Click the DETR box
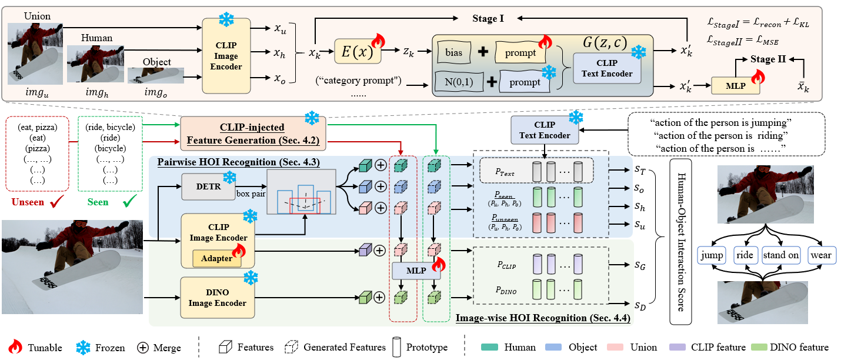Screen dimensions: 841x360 pos(208,186)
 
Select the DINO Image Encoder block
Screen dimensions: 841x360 pos(218,298)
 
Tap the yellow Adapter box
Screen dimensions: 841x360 pos(216,258)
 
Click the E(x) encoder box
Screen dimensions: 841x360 pos(358,51)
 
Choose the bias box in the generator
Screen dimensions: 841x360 pos(454,52)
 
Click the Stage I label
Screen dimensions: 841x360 pos(488,18)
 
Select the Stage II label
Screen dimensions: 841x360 pos(768,59)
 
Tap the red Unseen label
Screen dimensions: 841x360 pos(28,202)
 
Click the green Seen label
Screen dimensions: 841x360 pos(98,202)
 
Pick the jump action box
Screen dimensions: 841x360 pos(712,255)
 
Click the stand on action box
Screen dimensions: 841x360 pos(780,255)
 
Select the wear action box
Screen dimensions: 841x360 pos(821,255)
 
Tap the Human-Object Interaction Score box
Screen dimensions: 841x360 pos(680,241)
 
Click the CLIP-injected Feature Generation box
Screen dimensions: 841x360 pos(253,134)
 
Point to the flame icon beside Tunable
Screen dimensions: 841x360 pos(15,347)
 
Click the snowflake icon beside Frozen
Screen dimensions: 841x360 pos(83,348)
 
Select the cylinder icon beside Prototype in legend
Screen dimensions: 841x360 pos(396,347)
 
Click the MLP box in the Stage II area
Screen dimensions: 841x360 pos(736,86)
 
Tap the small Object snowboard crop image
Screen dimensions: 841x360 pos(156,75)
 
